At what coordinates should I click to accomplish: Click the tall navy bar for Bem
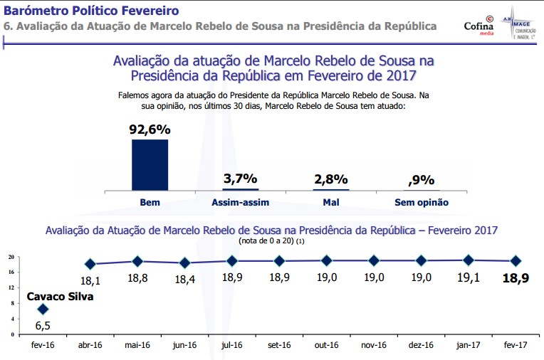pyautogui.click(x=150, y=164)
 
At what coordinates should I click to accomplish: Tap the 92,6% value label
pyautogui.click(x=150, y=129)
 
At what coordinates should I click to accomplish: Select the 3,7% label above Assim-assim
pyautogui.click(x=240, y=179)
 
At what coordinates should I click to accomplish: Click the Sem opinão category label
pyautogui.click(x=422, y=203)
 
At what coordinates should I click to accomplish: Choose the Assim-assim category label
pyautogui.click(x=240, y=203)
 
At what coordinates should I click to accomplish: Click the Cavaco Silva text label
pyautogui.click(x=61, y=297)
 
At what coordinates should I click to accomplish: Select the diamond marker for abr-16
pyautogui.click(x=90, y=264)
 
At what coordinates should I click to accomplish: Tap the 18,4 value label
pyautogui.click(x=184, y=279)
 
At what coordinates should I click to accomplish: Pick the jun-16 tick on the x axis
pyautogui.click(x=184, y=345)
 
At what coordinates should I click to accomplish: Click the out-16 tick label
pyautogui.click(x=326, y=345)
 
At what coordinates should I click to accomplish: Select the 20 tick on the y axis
pyautogui.click(x=12, y=257)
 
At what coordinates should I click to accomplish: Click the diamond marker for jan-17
pyautogui.click(x=468, y=260)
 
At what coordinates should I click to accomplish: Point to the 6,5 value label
pyautogui.click(x=43, y=326)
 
